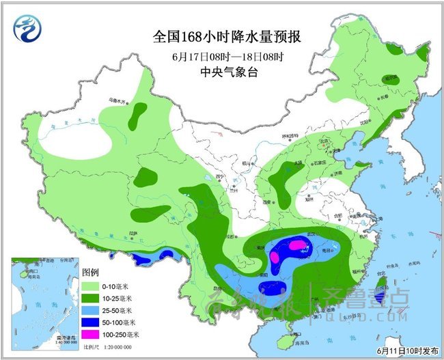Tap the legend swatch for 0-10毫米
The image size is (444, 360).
[x=91, y=286]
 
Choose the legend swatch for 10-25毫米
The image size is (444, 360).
[x=91, y=298]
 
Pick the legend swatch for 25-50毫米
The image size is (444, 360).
[x=91, y=310]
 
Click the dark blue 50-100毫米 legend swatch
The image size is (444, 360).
[x=91, y=322]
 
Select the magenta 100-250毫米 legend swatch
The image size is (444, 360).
[x=91, y=334]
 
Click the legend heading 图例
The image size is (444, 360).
[x=91, y=273]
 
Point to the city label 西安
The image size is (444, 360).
[x=267, y=203]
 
